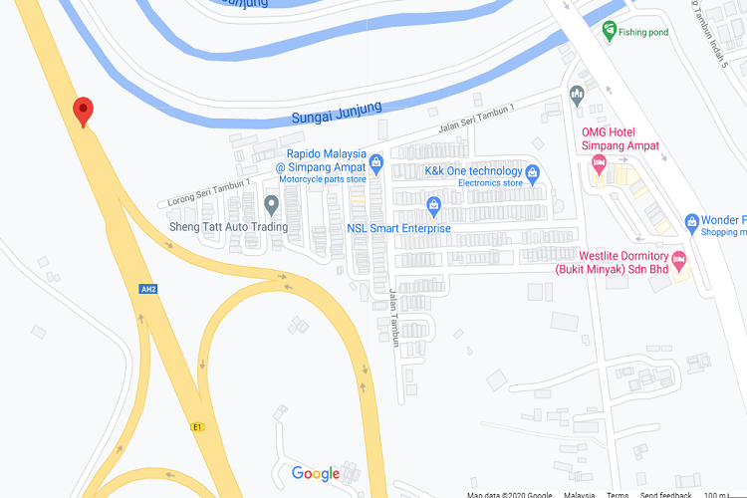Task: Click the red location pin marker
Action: (x=84, y=112)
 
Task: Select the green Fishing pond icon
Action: (x=609, y=32)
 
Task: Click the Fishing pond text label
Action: (x=642, y=32)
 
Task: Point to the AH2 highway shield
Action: (x=148, y=290)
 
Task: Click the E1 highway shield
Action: (x=198, y=426)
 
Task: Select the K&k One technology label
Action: (x=473, y=171)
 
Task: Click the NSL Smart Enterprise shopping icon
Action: (x=433, y=207)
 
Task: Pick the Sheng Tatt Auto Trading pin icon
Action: (x=271, y=205)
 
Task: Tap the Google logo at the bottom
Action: (x=316, y=474)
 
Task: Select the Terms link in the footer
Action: (x=618, y=494)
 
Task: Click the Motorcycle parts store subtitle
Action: (x=322, y=179)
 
